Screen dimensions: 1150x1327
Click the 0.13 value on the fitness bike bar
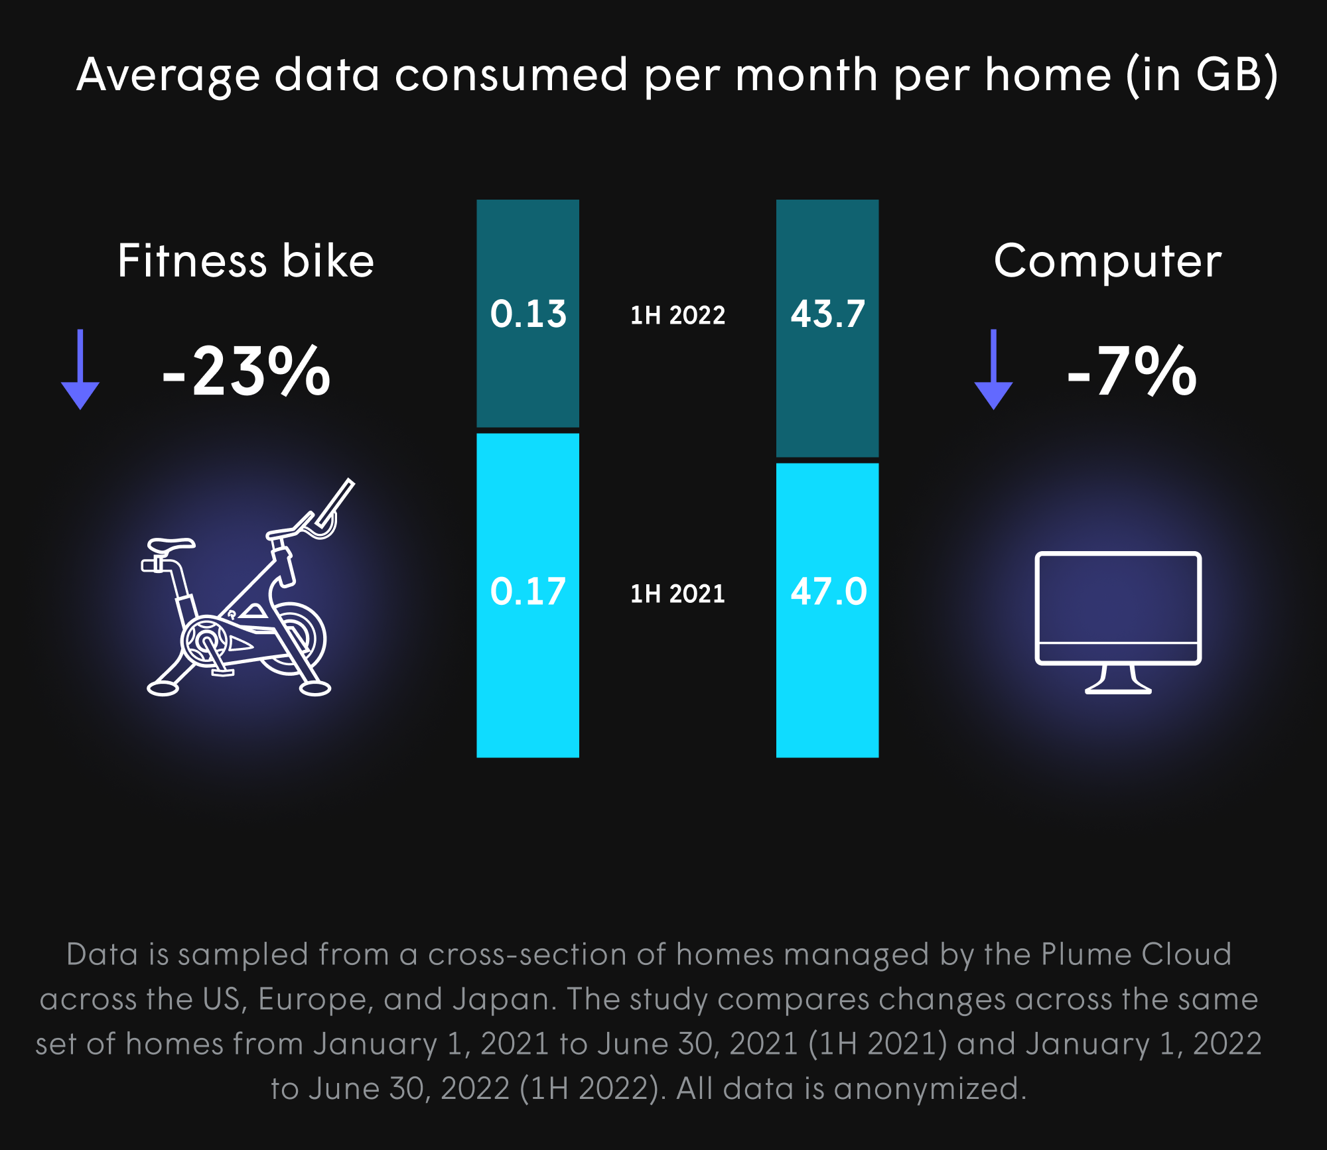528,314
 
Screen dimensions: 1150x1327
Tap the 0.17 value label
528,592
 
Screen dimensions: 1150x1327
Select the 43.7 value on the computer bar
828,314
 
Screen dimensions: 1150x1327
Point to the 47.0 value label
829,592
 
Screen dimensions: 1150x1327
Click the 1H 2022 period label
677,315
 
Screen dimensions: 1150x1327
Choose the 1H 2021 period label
677,594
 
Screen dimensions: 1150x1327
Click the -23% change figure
246,372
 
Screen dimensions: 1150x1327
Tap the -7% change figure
1132,372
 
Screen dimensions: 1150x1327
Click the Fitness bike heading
245,261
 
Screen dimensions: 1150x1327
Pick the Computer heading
1107,261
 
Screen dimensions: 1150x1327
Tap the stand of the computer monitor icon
1118,680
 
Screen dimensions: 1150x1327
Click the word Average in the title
168,75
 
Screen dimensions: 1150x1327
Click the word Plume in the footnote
1085,954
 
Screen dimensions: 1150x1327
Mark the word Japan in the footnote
503,999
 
